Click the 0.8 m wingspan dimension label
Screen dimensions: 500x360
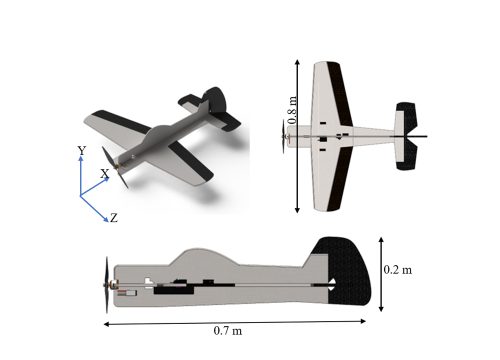pyautogui.click(x=292, y=110)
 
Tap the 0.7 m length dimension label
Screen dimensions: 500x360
pyautogui.click(x=228, y=331)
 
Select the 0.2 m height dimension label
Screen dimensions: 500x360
pyautogui.click(x=398, y=269)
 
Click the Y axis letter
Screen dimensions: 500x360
pyautogui.click(x=82, y=151)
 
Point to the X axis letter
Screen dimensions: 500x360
pyautogui.click(x=105, y=173)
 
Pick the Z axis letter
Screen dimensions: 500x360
pyautogui.click(x=114, y=218)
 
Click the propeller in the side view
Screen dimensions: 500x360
pyautogui.click(x=107, y=285)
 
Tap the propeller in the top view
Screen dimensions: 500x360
pyautogui.click(x=284, y=136)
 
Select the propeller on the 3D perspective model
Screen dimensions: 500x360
pyautogui.click(x=115, y=168)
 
